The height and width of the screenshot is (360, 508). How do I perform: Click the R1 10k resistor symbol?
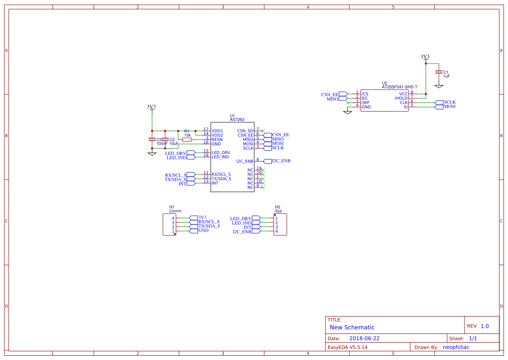click(187, 140)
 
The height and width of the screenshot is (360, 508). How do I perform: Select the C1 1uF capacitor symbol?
click(438, 72)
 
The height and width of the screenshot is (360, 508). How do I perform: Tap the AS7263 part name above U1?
click(237, 120)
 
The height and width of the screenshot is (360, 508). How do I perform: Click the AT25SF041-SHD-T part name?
click(399, 87)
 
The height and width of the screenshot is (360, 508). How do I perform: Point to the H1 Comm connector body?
click(169, 224)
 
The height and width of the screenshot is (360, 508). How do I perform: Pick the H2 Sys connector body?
click(280, 224)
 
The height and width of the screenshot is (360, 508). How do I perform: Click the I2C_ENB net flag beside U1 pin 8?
click(268, 161)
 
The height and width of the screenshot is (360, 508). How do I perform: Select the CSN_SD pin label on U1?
click(245, 131)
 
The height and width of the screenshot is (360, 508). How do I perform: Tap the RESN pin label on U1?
click(217, 140)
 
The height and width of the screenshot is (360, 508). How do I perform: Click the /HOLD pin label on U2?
click(401, 98)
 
